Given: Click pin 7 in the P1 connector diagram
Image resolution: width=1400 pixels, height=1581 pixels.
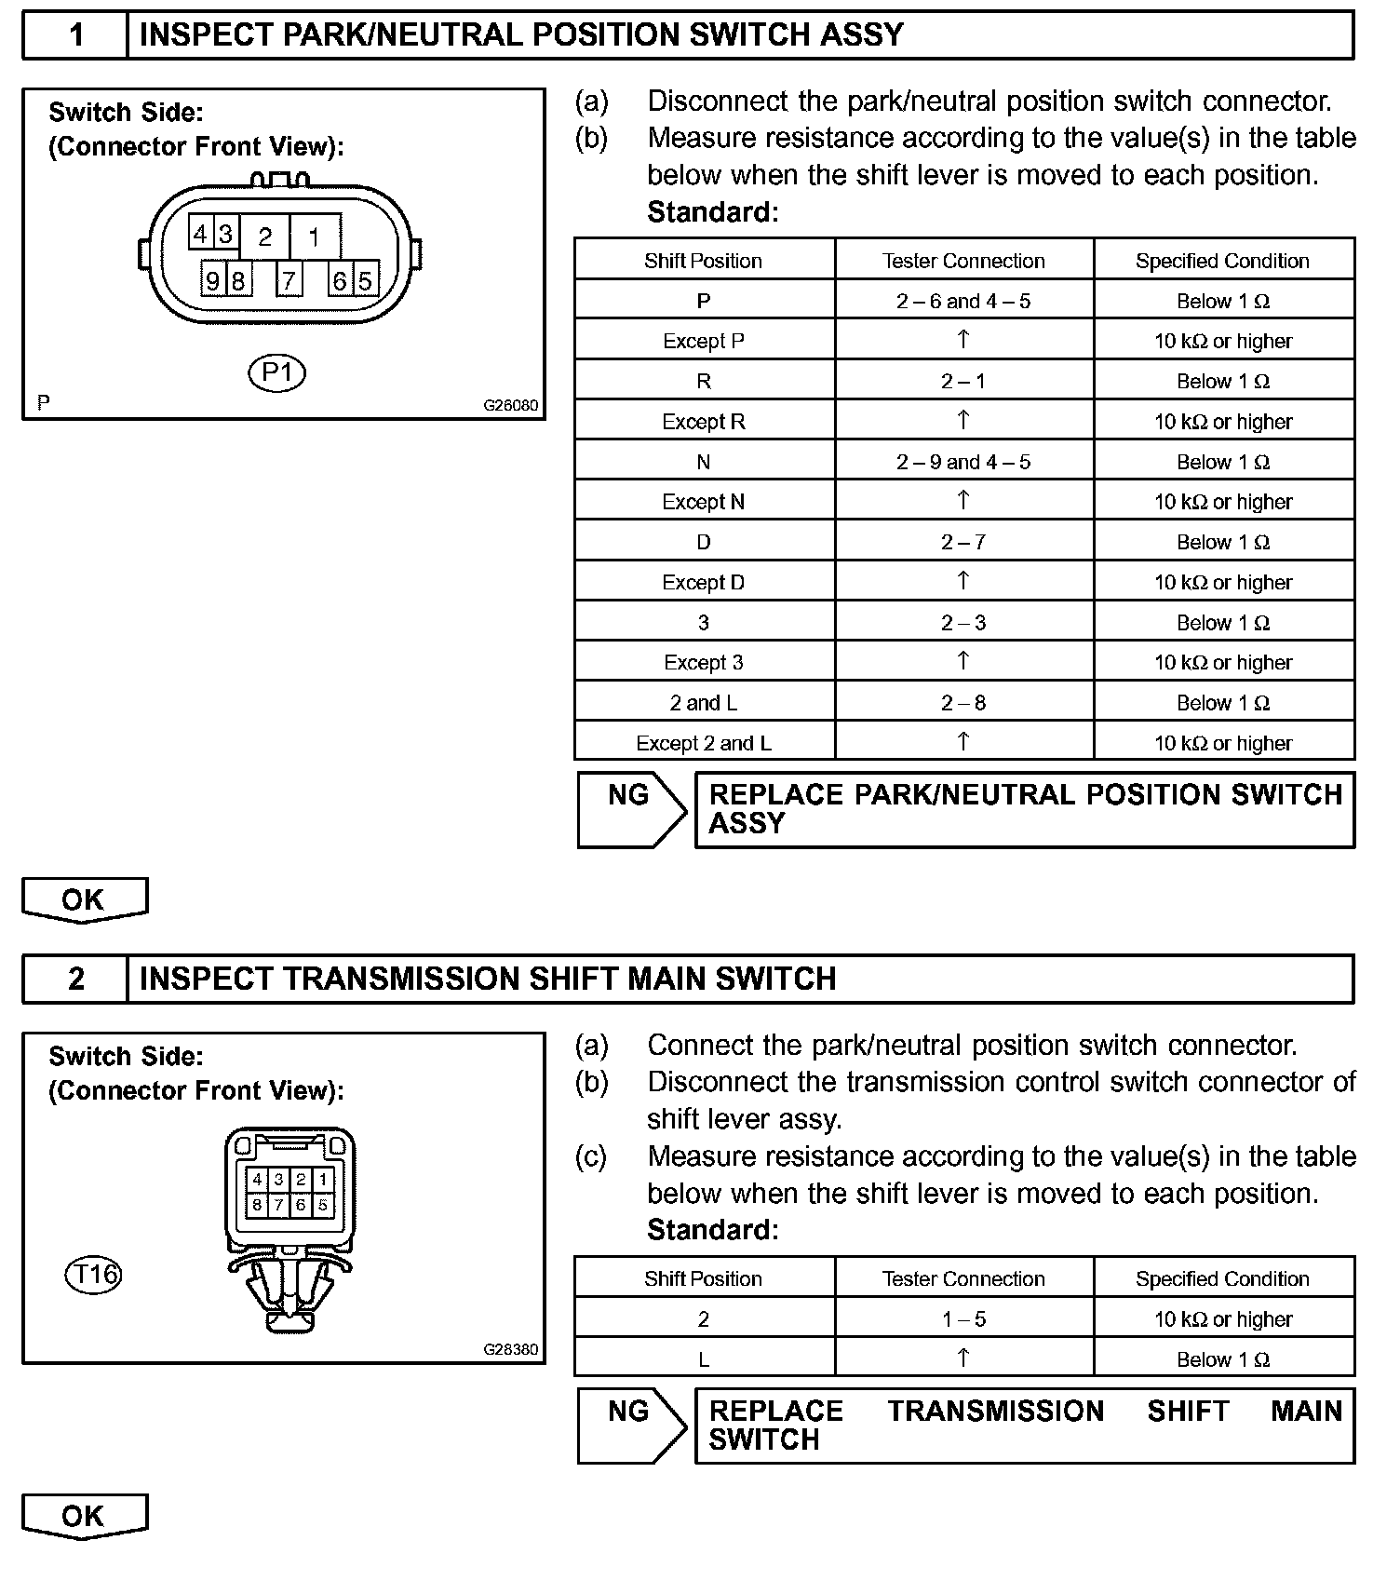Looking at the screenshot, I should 289,279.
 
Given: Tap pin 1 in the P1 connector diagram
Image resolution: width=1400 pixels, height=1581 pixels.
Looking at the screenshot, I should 315,237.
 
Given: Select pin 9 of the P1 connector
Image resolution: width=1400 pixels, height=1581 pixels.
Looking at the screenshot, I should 213,279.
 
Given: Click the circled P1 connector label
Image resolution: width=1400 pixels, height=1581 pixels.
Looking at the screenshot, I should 277,373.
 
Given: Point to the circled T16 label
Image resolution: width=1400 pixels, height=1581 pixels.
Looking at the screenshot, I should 93,1273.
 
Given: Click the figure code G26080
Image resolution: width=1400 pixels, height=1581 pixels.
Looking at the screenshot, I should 510,406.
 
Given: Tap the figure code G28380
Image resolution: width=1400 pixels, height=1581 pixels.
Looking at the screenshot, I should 510,1349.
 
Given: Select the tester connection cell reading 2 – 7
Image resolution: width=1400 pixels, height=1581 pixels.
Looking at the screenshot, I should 963,542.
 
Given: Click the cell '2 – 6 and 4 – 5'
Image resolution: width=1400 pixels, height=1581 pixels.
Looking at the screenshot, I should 963,301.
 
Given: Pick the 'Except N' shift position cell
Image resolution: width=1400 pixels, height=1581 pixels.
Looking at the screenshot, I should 704,502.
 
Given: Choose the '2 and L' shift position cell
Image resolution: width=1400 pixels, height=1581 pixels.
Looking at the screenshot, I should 704,703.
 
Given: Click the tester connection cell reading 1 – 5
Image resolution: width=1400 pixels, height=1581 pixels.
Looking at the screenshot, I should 963,1319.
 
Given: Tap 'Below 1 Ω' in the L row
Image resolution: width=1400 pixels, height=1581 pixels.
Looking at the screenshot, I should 1223,1359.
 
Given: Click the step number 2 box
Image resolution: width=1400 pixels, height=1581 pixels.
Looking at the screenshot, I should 75,979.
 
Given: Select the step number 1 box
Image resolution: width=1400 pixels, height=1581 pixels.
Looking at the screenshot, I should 75,35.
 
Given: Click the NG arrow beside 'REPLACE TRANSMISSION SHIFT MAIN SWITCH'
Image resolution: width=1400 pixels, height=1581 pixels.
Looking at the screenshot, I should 631,1426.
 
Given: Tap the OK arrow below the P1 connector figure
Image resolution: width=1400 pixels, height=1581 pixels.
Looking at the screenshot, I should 84,899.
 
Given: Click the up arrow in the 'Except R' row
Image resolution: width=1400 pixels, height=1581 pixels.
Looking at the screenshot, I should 963,420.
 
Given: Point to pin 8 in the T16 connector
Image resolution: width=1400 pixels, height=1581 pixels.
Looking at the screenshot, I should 258,1204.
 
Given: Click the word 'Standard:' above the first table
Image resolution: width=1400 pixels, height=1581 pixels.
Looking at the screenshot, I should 712,212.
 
